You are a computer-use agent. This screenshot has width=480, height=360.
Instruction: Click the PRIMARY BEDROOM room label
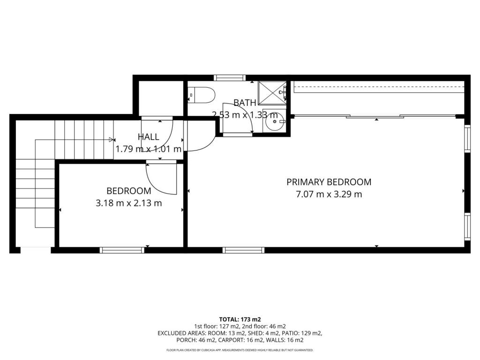[x=329, y=182]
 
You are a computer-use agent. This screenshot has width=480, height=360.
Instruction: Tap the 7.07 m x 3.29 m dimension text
[x=329, y=194]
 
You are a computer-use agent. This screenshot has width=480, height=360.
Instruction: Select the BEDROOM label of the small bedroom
[x=129, y=191]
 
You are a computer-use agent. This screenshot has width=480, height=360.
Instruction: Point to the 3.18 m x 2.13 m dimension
[x=129, y=203]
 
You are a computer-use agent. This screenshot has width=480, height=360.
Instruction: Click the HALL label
[x=149, y=137]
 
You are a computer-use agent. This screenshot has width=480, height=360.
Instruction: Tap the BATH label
[x=245, y=103]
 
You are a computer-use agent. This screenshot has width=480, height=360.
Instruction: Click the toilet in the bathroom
[x=201, y=95]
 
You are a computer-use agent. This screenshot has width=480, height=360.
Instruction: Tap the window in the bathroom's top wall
[x=230, y=78]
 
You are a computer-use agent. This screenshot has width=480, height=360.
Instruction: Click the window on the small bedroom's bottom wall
[x=122, y=250]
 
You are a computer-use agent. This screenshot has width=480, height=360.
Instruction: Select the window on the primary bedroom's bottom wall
[x=243, y=250]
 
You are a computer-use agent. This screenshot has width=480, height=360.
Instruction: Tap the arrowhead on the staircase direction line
[x=111, y=140]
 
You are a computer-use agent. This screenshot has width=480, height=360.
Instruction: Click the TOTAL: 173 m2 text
[x=240, y=320]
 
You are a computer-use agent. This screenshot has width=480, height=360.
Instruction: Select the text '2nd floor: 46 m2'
[x=264, y=326]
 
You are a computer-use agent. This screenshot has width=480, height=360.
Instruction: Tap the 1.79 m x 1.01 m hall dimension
[x=149, y=149]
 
